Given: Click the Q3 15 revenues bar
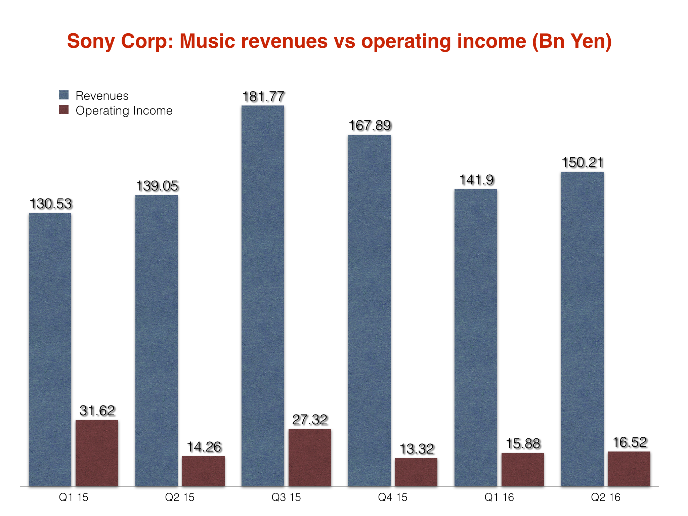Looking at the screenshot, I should click(x=263, y=296).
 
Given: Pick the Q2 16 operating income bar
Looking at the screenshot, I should click(x=629, y=469).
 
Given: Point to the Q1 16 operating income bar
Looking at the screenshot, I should click(x=523, y=469).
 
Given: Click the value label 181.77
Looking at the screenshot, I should click(x=263, y=97).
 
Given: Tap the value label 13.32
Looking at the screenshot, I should click(x=417, y=449).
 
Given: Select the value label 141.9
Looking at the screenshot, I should click(x=476, y=180).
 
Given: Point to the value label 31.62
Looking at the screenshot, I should click(x=97, y=411).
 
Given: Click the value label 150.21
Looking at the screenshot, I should click(x=583, y=163).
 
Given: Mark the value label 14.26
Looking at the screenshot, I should click(x=204, y=447).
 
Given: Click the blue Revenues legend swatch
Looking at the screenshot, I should click(x=64, y=95).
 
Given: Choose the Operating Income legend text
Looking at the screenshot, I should click(x=124, y=111).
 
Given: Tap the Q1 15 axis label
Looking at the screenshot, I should click(x=73, y=497).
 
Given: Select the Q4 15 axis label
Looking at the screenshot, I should click(x=392, y=497).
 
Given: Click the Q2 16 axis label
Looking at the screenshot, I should click(x=605, y=497).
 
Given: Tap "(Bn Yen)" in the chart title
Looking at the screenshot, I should click(x=572, y=42).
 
